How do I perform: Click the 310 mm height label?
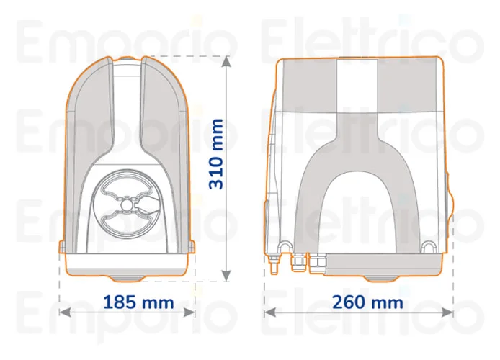coord(216,154)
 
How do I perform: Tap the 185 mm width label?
coord(139,302)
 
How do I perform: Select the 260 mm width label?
coord(367,302)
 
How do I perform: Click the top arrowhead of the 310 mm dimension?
coord(226,62)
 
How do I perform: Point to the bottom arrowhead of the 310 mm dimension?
coord(226,276)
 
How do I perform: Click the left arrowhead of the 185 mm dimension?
coord(65,312)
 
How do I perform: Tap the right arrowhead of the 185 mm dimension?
coord(189,312)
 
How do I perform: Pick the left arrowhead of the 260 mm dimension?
coord(269,312)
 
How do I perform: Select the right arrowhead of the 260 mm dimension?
coord(447,312)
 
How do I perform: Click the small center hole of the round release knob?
coord(127,204)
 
